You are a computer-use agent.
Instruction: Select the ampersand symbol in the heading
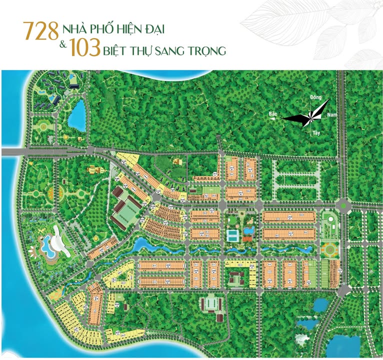(63, 45)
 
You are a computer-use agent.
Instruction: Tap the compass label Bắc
(272, 114)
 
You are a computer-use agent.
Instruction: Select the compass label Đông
(315, 97)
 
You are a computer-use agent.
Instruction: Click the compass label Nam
(331, 114)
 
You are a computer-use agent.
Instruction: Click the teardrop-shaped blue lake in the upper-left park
(77, 115)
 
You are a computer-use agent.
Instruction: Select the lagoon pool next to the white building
(47, 244)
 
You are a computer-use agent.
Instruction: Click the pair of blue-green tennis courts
(232, 234)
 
